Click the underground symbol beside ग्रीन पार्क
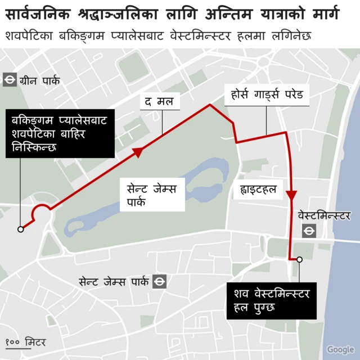pyautogui.click(x=9, y=80)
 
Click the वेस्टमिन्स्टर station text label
pyautogui.click(x=324, y=215)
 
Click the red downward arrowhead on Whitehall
pyautogui.click(x=291, y=196)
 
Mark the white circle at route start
pyautogui.click(x=21, y=229)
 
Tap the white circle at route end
pyautogui.click(x=300, y=259)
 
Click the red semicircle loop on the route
pyautogui.click(x=41, y=211)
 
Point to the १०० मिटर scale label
pyautogui.click(x=26, y=342)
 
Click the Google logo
pyautogui.click(x=340, y=349)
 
